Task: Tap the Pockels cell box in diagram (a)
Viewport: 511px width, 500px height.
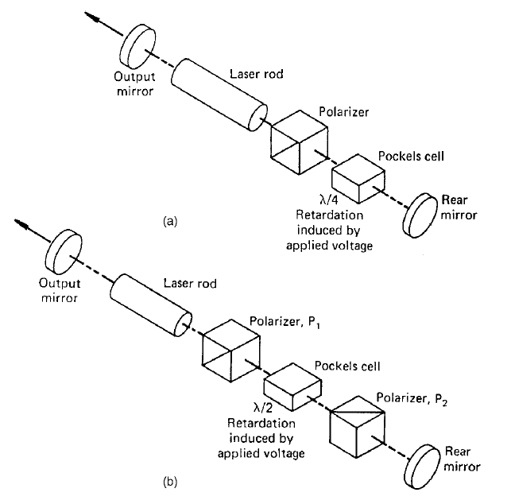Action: click(x=357, y=178)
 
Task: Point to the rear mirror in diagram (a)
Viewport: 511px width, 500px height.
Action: click(x=420, y=215)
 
